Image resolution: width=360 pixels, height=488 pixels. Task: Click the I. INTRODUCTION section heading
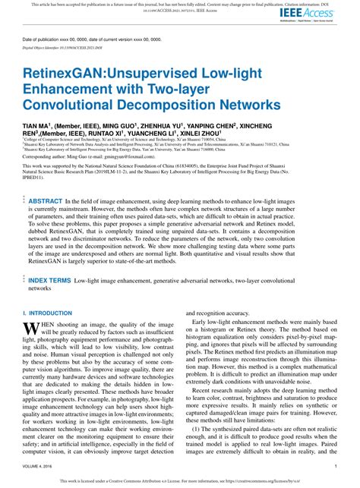tap(48, 313)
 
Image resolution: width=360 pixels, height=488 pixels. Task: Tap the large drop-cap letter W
tap(31, 329)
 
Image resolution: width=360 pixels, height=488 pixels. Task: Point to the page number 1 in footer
tap(335, 468)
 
